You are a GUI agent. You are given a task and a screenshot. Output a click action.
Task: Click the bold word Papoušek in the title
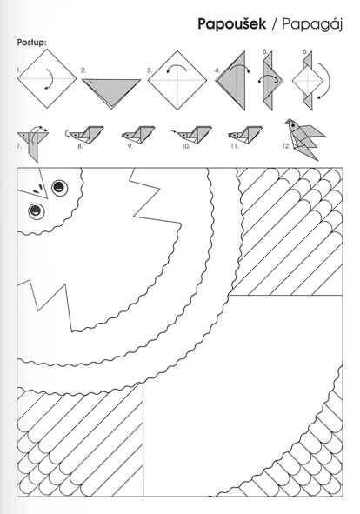tap(232, 24)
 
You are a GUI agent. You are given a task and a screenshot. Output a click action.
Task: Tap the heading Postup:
tap(32, 43)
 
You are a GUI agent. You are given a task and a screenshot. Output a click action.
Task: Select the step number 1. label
tap(18, 70)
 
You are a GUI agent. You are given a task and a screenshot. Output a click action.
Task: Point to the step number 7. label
tap(19, 146)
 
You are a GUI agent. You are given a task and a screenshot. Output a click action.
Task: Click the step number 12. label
tap(286, 146)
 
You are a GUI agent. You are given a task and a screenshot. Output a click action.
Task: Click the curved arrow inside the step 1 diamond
tap(49, 78)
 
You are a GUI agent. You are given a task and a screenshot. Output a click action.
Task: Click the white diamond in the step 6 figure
tap(307, 80)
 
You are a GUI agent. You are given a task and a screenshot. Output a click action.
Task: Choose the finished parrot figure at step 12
tap(304, 139)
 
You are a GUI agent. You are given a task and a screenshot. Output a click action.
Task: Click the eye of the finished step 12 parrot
tap(292, 125)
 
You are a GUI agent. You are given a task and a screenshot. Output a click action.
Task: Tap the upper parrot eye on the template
tap(59, 188)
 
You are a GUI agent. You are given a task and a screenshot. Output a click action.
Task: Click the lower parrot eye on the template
tap(37, 210)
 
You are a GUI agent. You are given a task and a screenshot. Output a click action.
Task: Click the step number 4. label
tap(217, 70)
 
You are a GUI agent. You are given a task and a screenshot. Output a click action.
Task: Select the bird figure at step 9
tap(138, 134)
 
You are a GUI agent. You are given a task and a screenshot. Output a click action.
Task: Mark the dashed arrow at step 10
tap(175, 132)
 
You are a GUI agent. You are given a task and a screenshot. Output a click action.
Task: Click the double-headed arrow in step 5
tap(269, 78)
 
